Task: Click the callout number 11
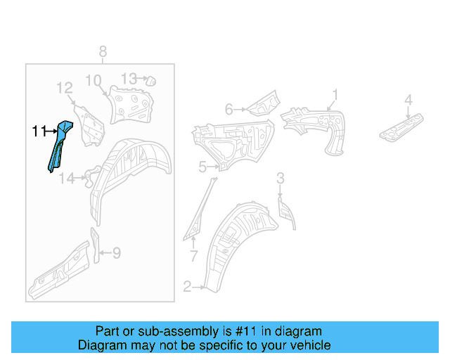pos(39,131)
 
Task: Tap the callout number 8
pos(103,51)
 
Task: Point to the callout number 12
pos(65,88)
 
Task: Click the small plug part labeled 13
pos(149,80)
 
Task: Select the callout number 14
pos(66,179)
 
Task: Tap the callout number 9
pos(117,252)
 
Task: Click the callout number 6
pos(229,109)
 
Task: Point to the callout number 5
pos(202,167)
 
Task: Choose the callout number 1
pos(335,94)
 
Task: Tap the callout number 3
pos(280,177)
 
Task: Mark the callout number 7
pos(194,255)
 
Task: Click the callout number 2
pos(187,286)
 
